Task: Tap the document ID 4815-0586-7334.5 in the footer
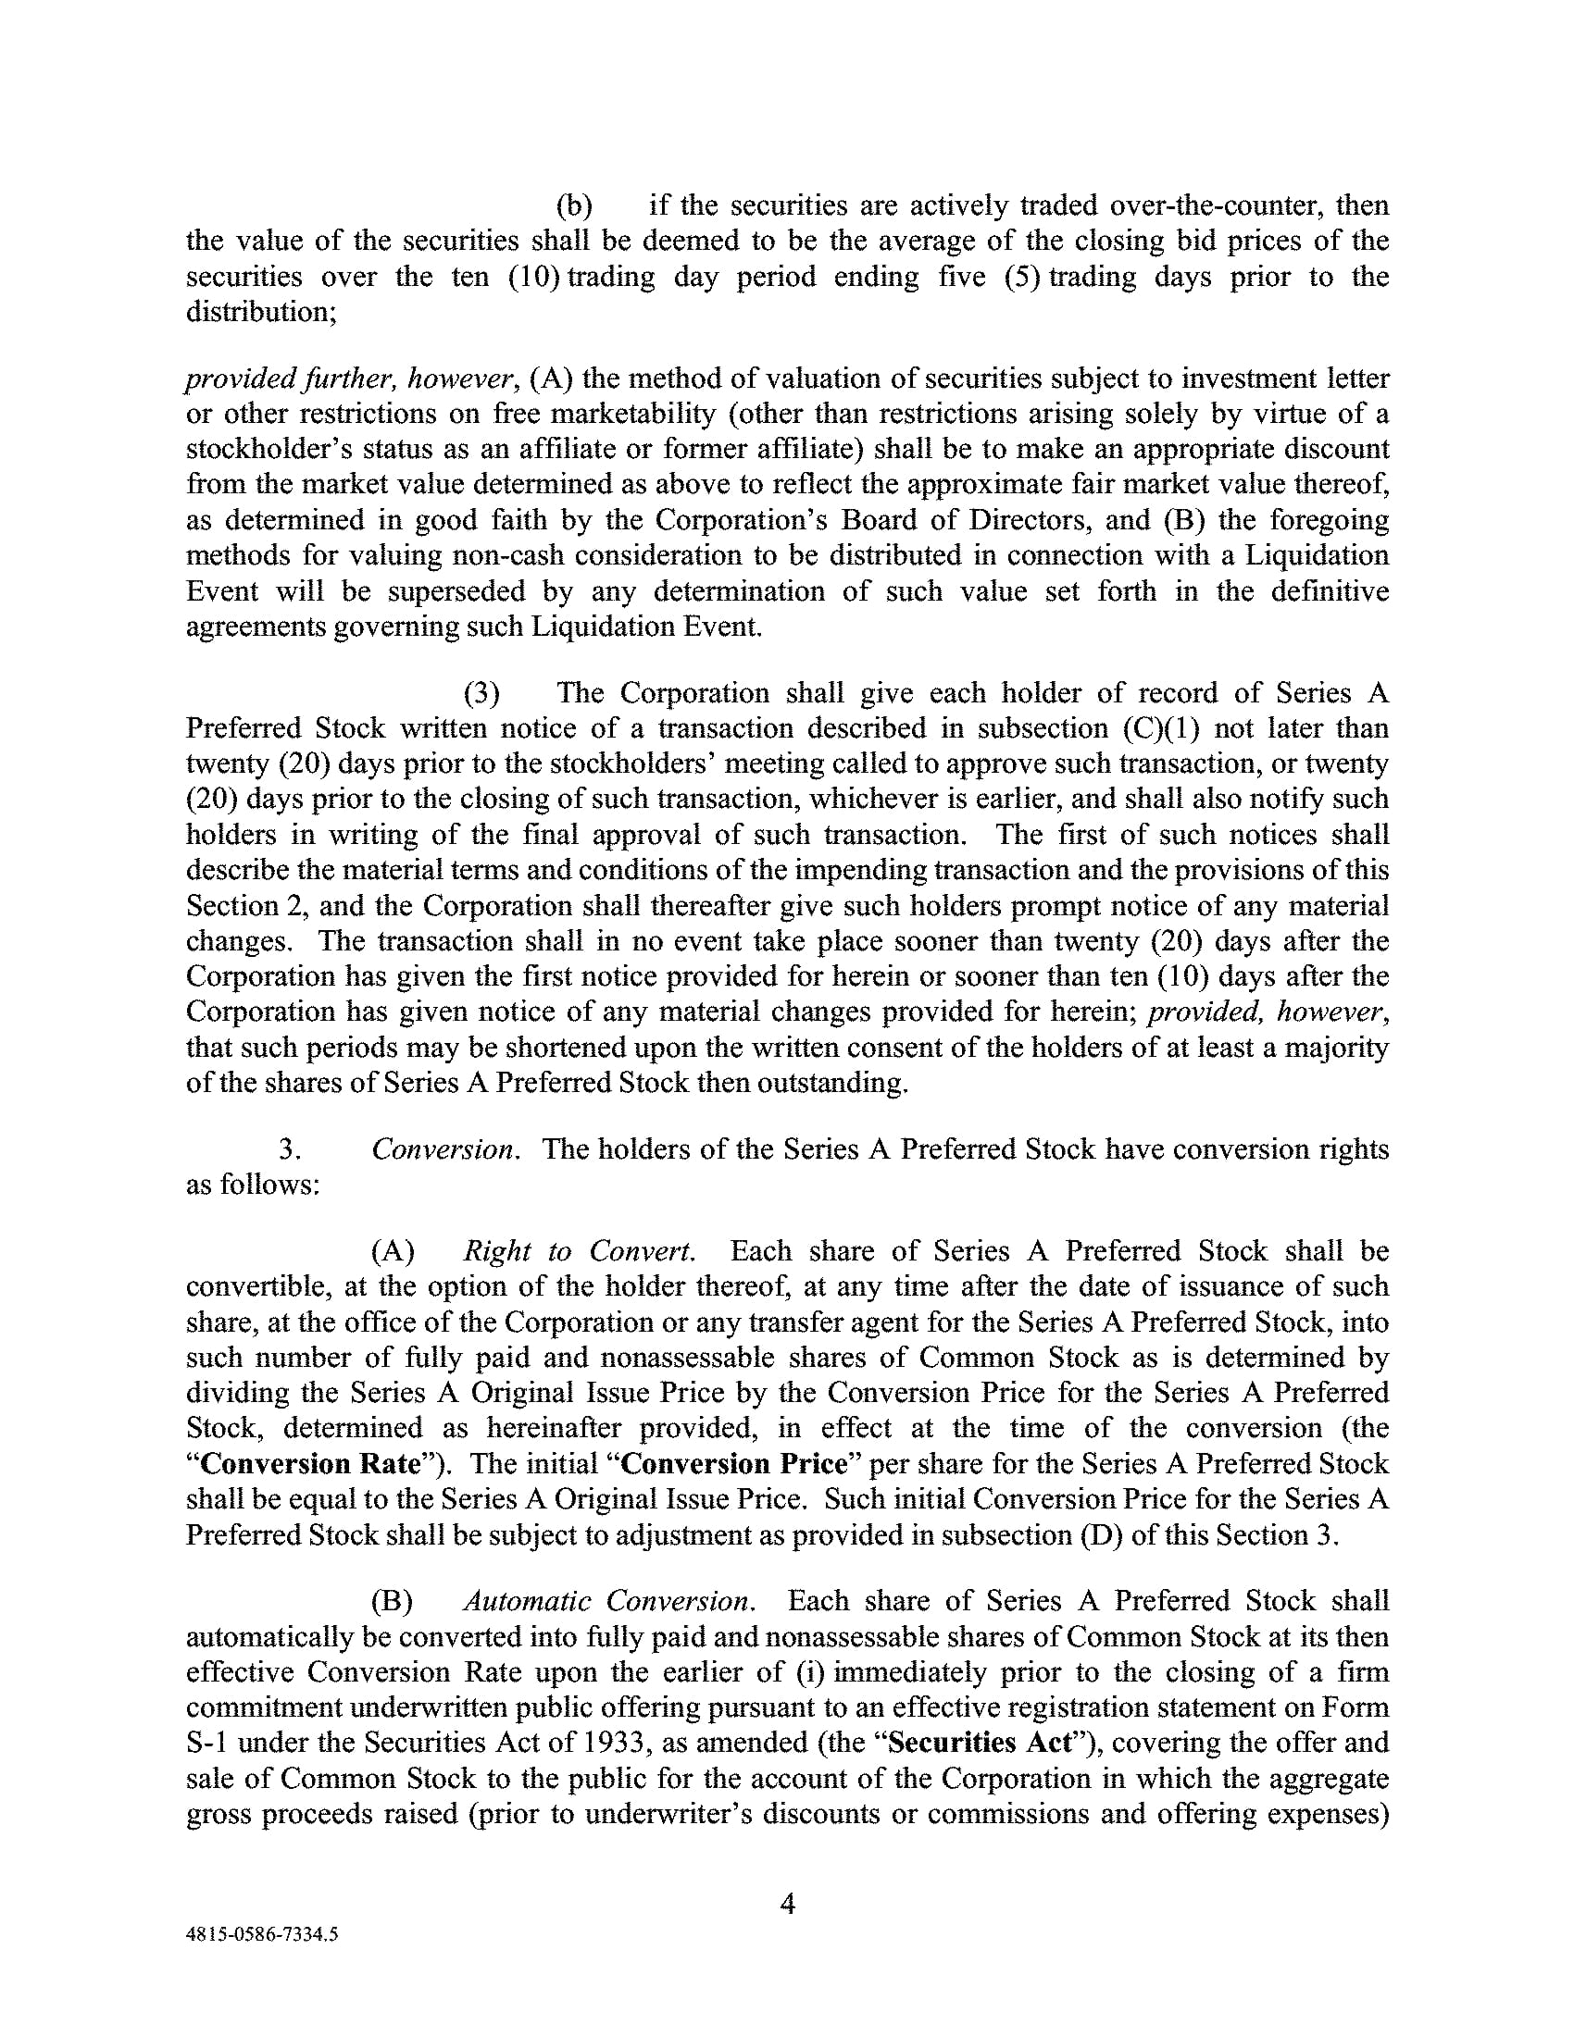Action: pos(262,1934)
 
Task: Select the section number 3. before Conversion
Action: pos(290,1148)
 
